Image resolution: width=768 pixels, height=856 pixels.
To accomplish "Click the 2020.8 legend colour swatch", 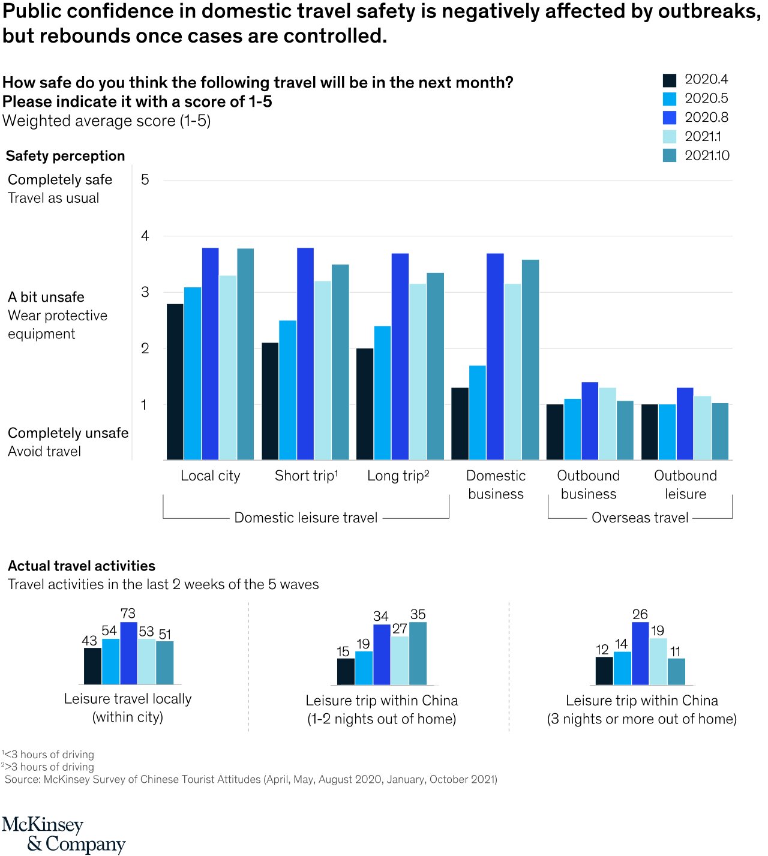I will (x=669, y=118).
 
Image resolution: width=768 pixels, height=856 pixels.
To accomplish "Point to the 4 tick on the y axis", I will (x=145, y=236).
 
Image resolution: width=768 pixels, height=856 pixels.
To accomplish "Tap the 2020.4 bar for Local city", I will (x=175, y=382).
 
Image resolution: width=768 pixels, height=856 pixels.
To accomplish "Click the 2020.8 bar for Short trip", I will (x=305, y=354).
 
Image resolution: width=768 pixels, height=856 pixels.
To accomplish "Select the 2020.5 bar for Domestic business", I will (x=478, y=413).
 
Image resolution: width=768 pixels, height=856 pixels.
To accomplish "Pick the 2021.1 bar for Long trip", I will (x=418, y=372).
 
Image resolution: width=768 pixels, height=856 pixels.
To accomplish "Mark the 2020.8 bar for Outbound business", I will (x=590, y=421).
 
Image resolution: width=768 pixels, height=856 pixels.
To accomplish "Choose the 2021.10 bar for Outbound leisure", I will (x=720, y=431).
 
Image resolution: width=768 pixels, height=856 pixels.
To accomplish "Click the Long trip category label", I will (x=398, y=476).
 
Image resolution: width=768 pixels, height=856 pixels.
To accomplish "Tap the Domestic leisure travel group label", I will (x=305, y=518).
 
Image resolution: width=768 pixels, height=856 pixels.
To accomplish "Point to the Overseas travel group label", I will (x=640, y=518).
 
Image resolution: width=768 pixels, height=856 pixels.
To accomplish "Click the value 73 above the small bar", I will (x=128, y=613).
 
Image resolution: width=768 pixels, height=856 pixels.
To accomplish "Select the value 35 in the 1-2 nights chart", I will (x=418, y=614).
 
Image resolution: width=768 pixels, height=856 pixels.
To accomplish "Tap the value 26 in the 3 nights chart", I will (x=640, y=614).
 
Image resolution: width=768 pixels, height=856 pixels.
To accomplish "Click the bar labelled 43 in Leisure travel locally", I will (x=92, y=666).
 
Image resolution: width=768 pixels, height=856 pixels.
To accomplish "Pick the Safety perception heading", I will (x=65, y=156).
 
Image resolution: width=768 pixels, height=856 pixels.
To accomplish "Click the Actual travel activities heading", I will (x=82, y=566).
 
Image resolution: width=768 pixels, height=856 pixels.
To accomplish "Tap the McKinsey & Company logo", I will (x=63, y=834).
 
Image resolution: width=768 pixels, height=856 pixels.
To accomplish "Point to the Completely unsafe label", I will (x=68, y=433).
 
